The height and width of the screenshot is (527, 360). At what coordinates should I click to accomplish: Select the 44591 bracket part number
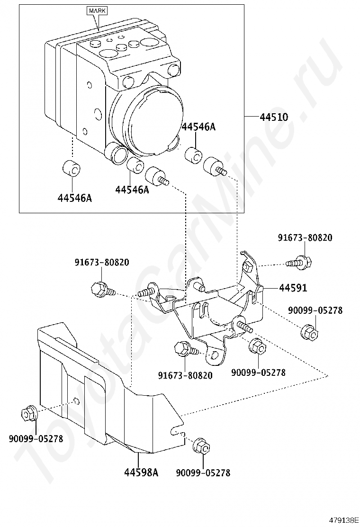point(292,288)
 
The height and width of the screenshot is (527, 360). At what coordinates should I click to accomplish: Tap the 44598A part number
point(141,472)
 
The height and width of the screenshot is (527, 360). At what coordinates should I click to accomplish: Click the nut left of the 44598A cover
point(28,413)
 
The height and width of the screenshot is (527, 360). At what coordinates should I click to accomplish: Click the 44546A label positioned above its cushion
point(198,127)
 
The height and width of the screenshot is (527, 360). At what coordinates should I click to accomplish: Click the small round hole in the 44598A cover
point(76,402)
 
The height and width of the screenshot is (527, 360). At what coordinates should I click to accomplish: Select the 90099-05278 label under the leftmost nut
point(36,438)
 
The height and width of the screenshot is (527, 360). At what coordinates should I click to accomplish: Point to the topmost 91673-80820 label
point(305,238)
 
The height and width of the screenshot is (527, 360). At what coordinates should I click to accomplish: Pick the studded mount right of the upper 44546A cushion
point(214,167)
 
